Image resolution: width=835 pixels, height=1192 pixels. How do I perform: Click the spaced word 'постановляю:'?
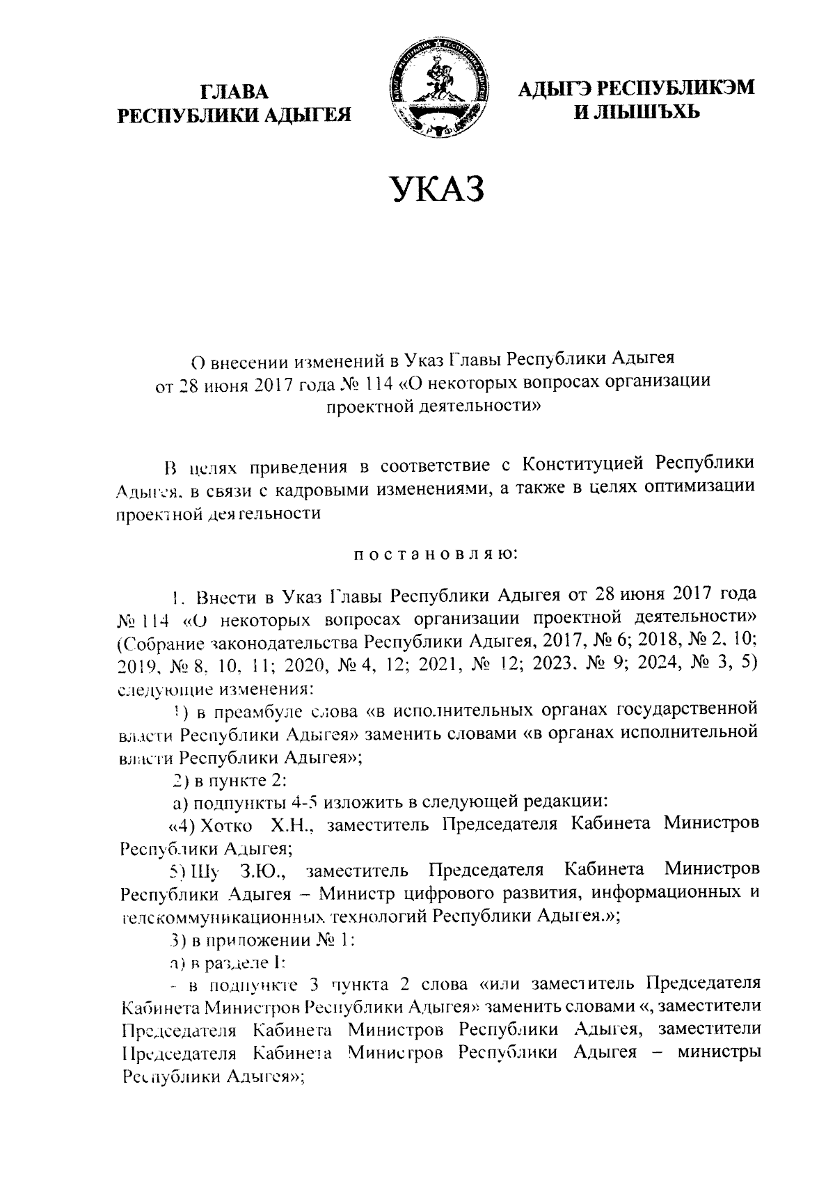point(435,554)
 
